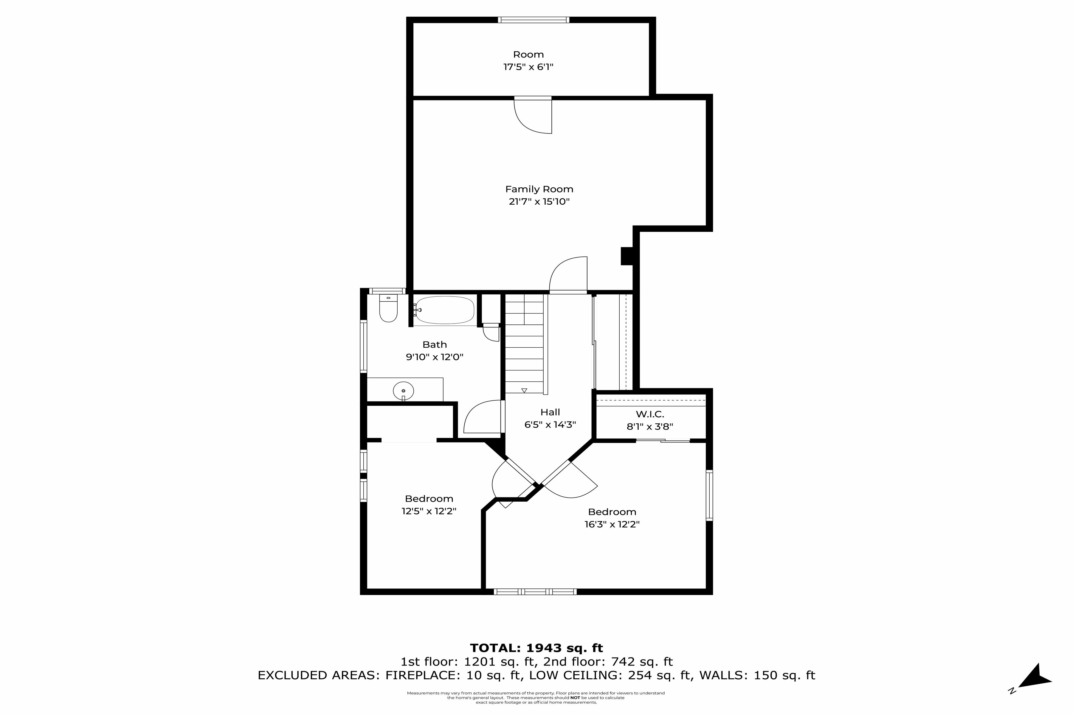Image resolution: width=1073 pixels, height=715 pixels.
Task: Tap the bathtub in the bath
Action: coord(445,310)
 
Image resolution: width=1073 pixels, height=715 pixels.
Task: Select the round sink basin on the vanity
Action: coord(403,391)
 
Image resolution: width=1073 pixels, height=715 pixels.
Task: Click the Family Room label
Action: coord(539,189)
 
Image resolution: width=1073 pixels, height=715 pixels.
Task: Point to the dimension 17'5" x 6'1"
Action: coord(528,67)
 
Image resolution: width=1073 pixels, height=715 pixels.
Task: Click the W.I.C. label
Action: coord(650,414)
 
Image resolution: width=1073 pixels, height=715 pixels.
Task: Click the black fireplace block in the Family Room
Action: coord(627,256)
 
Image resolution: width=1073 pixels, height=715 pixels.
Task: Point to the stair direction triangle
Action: coord(524,390)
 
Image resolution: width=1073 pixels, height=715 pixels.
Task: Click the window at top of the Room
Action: coord(533,20)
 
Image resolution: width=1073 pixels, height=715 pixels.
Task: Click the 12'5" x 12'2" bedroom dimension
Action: coord(429,511)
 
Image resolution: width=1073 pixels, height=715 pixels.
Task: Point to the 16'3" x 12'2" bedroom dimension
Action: coord(612,524)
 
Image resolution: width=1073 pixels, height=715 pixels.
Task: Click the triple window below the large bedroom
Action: coord(535,591)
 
